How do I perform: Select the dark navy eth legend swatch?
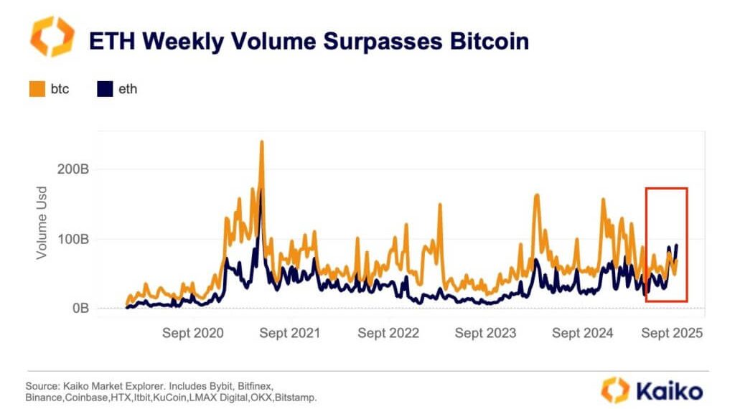[105, 90]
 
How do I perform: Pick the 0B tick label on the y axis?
[79, 309]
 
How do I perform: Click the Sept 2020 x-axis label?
[193, 333]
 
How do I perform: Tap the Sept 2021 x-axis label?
[290, 333]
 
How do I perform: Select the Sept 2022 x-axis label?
[388, 333]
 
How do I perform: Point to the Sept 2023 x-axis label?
[485, 333]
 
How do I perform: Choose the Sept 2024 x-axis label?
[583, 333]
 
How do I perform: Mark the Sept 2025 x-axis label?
[672, 333]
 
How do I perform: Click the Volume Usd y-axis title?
[41, 229]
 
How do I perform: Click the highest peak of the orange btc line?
[262, 141]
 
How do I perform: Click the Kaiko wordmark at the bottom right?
[669, 390]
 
